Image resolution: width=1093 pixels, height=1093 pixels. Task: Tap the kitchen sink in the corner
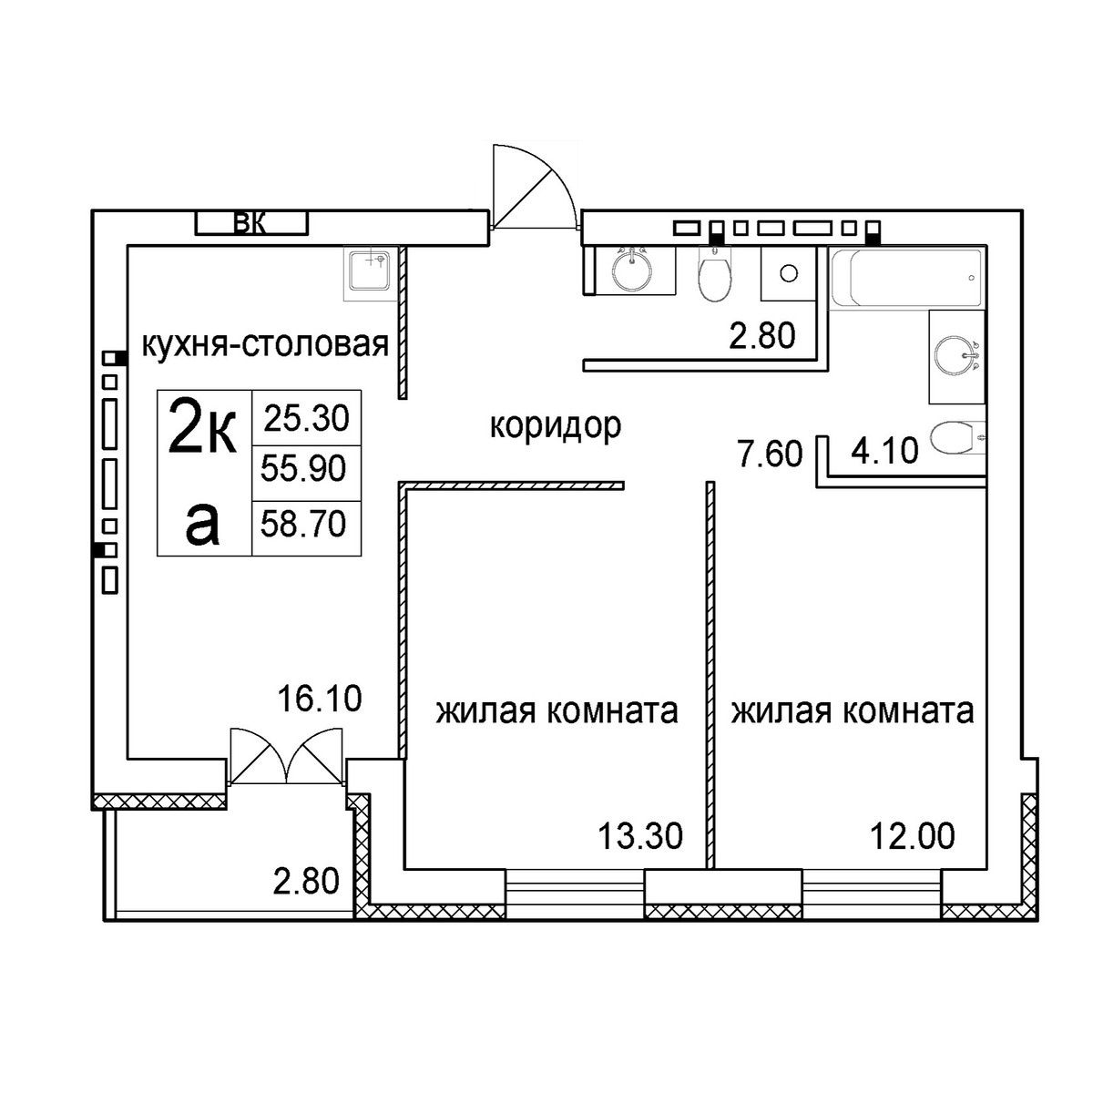click(x=369, y=273)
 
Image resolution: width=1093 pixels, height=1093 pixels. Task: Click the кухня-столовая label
click(x=265, y=344)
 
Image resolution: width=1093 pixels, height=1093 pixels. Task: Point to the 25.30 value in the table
click(x=306, y=419)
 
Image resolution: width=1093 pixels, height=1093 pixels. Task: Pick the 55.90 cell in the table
click(x=303, y=470)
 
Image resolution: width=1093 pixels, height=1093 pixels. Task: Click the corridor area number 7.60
click(x=770, y=455)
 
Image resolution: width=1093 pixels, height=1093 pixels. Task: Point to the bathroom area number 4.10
click(x=884, y=452)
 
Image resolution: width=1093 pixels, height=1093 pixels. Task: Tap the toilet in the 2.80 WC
click(x=715, y=274)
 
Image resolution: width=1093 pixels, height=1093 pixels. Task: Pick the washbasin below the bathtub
click(x=957, y=357)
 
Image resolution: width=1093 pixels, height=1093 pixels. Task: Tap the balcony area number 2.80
click(x=306, y=882)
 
